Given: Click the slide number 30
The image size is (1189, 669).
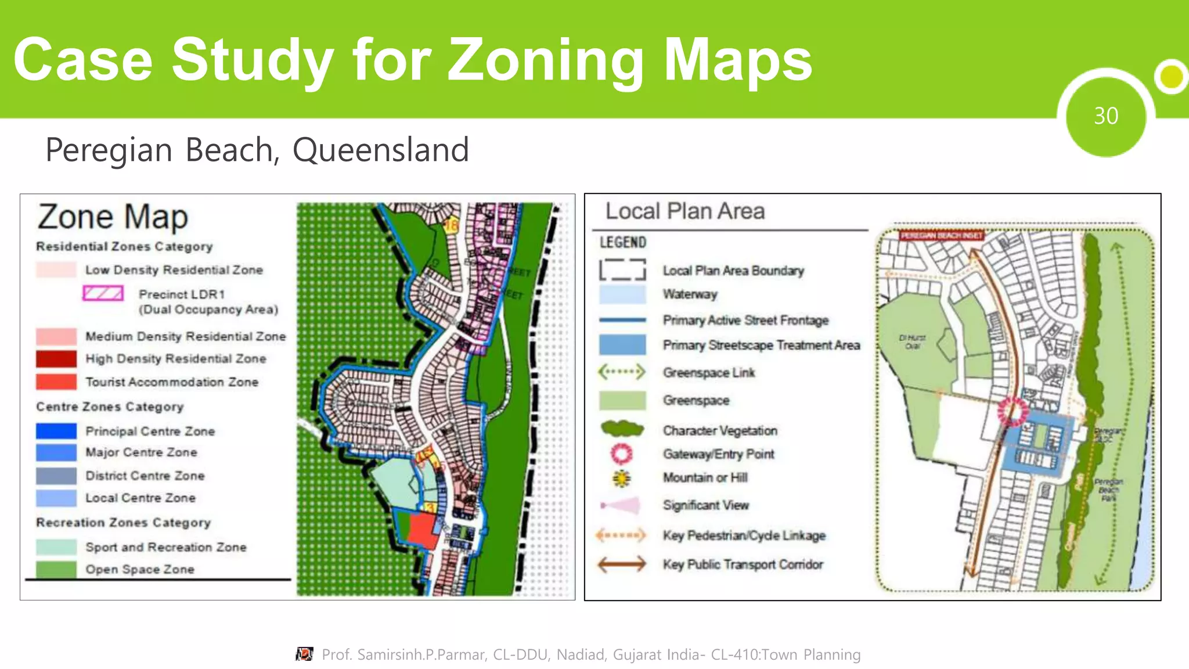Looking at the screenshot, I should (x=1105, y=116).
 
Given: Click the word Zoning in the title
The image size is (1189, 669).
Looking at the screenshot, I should (x=545, y=60).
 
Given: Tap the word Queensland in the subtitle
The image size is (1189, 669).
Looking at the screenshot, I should (x=380, y=150).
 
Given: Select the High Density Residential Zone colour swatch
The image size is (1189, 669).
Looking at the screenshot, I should (x=56, y=359).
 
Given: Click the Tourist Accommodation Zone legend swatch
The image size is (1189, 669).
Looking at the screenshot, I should (x=56, y=382).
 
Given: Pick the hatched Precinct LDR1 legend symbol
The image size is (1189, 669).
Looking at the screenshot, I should (x=103, y=293).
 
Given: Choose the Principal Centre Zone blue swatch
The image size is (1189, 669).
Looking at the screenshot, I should (x=56, y=431).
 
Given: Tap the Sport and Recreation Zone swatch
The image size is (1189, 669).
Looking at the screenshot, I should (x=56, y=547).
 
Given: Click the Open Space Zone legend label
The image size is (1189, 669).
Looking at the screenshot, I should (x=139, y=569).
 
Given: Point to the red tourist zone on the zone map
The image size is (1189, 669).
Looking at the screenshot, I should (x=423, y=530).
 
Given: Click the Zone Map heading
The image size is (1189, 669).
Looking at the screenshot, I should (x=113, y=217).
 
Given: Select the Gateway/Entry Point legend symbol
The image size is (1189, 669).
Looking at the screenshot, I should (x=621, y=454).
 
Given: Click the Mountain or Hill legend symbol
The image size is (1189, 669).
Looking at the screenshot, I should (x=621, y=478).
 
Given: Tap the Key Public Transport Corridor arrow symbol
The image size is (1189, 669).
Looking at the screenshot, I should (x=621, y=564).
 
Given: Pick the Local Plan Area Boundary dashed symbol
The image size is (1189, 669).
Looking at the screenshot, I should (x=622, y=270).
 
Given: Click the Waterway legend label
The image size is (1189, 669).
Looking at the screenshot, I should (x=690, y=294).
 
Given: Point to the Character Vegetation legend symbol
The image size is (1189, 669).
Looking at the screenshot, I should (x=622, y=429).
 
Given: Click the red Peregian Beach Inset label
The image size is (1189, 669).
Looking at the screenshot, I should (x=941, y=235).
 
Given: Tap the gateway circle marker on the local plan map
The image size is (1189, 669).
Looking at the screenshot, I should (x=1012, y=411).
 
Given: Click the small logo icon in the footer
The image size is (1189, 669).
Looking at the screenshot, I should (x=304, y=654).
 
